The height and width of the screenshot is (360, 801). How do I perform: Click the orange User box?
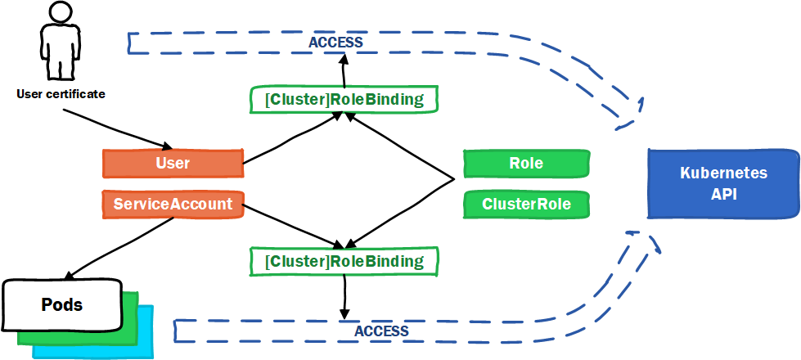173,164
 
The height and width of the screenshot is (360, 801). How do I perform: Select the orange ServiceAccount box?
173,205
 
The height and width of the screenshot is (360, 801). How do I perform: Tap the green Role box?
526,164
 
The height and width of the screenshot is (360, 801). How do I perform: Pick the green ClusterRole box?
526,205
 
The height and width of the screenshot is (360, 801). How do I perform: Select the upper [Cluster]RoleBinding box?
344,100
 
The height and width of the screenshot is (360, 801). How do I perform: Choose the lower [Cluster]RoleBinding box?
344,262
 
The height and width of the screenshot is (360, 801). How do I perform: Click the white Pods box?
62,305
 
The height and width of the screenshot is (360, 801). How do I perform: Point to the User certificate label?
61,94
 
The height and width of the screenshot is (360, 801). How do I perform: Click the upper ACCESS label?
335,43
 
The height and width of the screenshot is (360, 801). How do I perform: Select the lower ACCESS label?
381,331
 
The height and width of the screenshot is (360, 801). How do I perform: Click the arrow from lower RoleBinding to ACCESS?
344,297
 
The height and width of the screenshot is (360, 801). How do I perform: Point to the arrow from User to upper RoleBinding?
292,138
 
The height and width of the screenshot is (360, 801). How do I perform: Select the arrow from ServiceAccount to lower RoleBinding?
293,225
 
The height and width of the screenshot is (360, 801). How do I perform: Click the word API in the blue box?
724,195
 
